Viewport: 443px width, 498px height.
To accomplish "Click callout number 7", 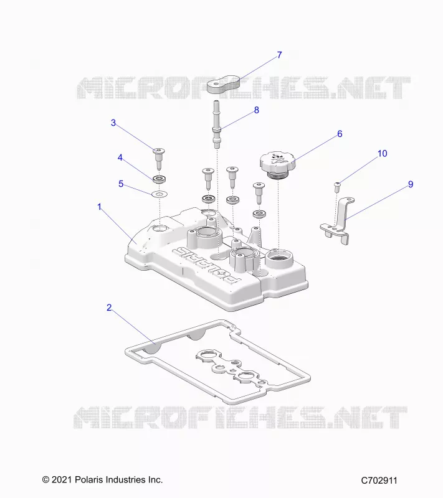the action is point(279,55).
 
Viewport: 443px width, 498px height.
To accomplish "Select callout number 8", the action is point(257,110).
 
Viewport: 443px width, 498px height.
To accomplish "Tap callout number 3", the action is point(113,123).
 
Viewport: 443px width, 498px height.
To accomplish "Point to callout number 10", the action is point(383,153).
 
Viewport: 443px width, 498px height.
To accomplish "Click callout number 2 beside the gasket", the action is point(109,308).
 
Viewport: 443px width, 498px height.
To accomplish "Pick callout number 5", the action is point(121,184).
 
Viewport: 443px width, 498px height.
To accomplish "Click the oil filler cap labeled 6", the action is point(277,164).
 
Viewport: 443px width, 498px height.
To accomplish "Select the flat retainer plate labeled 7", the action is point(223,84).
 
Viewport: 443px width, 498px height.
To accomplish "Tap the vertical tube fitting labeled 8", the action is point(217,125).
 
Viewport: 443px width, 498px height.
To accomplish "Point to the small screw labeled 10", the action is point(338,187).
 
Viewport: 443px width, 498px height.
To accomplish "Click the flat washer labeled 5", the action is point(160,194).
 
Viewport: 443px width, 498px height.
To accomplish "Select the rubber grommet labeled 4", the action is point(160,179).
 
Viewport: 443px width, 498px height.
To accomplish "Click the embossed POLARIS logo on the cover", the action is point(206,265).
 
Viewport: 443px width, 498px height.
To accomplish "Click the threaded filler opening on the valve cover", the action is point(279,258).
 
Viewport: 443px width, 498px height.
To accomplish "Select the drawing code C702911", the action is point(379,481).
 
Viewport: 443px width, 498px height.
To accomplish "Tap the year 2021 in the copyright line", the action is point(62,479).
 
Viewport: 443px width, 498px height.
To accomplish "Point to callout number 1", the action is point(99,207).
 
